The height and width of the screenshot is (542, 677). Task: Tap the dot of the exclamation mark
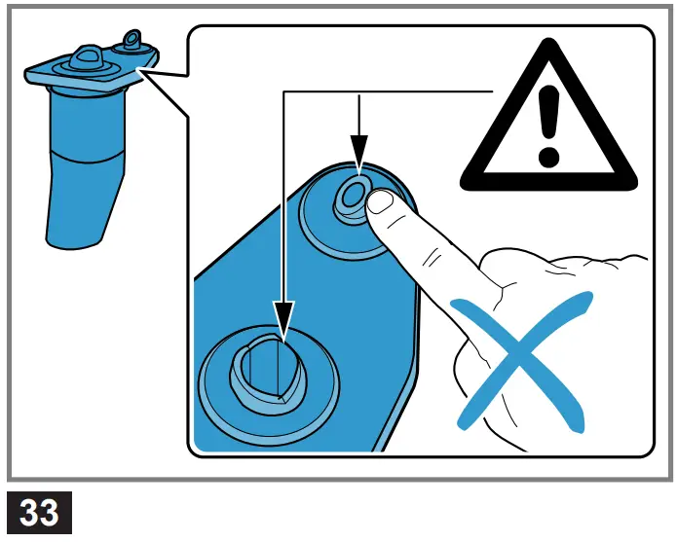[x=550, y=155]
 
